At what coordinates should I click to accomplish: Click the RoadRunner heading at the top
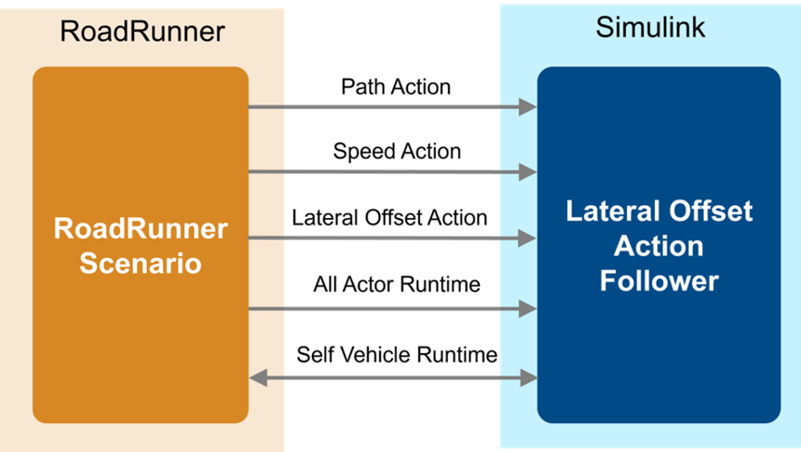click(142, 31)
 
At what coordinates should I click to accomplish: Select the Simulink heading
click(650, 27)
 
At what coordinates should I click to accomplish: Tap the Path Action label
click(396, 87)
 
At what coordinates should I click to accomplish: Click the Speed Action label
click(397, 152)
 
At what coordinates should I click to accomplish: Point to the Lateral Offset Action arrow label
click(389, 218)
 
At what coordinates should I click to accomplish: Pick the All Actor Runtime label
click(397, 284)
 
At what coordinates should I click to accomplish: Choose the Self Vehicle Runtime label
click(397, 354)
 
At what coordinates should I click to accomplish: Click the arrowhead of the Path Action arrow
click(528, 107)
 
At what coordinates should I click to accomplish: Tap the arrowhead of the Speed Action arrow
click(528, 172)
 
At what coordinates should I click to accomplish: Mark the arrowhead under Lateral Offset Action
click(528, 239)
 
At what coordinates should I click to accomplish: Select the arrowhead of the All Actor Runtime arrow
click(528, 308)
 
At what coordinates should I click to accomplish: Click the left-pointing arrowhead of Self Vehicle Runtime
click(258, 378)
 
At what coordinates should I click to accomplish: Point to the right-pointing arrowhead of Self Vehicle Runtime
click(528, 378)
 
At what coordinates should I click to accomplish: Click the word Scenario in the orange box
click(141, 264)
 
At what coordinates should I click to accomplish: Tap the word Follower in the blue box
click(659, 281)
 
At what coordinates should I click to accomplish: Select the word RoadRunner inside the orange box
click(141, 228)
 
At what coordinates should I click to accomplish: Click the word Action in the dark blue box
click(659, 246)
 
